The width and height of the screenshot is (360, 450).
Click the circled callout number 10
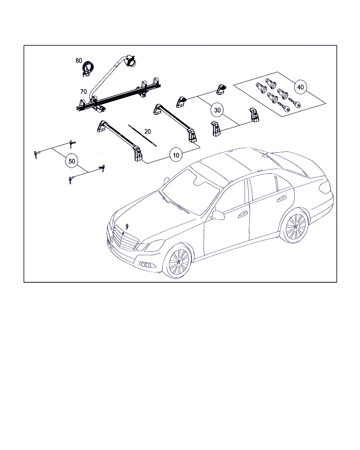coord(176,155)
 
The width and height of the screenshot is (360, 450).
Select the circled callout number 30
coord(217,110)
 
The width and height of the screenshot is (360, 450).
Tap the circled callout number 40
coord(300,87)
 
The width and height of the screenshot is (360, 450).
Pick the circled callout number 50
coord(72,161)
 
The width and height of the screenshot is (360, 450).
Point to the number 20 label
coord(147,131)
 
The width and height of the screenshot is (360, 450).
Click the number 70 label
coord(83,92)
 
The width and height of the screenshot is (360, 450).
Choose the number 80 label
coord(79,60)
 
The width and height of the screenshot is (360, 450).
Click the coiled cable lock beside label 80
coord(88,69)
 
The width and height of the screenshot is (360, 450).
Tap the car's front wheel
coord(179,261)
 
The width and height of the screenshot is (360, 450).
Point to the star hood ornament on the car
coord(127,226)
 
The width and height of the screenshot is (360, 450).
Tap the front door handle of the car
coord(242,214)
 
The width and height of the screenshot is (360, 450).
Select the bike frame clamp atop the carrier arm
coord(130,61)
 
